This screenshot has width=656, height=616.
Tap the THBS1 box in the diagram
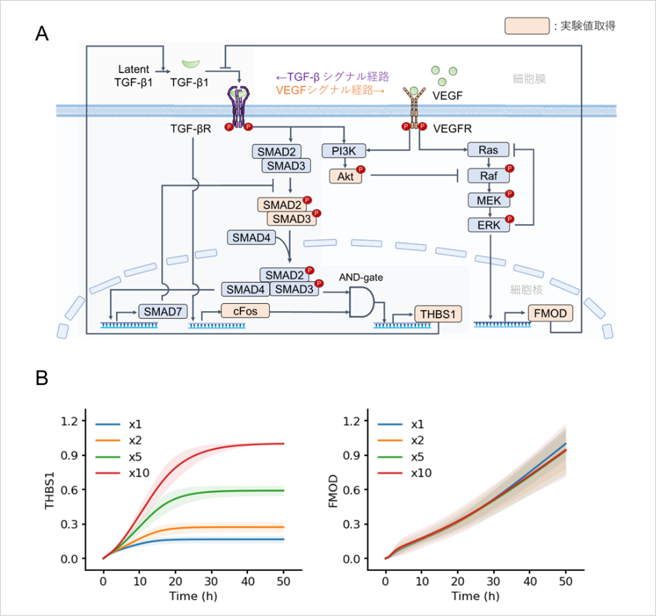[438, 314]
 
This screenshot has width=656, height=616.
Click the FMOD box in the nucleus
[550, 313]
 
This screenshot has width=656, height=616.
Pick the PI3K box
[344, 150]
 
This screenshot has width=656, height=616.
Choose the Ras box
[488, 150]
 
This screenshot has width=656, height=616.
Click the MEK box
[488, 200]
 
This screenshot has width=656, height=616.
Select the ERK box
[488, 225]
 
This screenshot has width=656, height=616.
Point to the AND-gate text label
[361, 278]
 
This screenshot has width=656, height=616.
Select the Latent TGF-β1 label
[134, 76]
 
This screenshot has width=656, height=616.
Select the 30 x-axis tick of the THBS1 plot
[211, 581]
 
